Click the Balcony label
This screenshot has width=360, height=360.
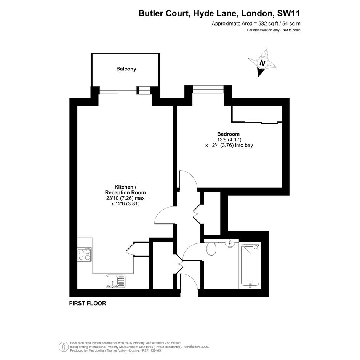[x=126, y=69]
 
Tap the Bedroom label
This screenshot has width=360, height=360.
[x=229, y=134]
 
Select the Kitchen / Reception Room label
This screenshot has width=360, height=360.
[x=125, y=190]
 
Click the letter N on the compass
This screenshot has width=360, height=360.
[x=262, y=63]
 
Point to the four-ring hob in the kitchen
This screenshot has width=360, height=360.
[x=85, y=254]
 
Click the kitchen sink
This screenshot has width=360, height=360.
[x=116, y=281]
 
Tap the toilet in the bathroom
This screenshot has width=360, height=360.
[x=211, y=248]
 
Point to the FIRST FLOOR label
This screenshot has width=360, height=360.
[x=88, y=303]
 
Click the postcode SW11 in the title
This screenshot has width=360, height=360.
[x=289, y=13]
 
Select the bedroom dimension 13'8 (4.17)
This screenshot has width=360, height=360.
[x=229, y=139]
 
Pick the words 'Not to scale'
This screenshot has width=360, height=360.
[x=291, y=30]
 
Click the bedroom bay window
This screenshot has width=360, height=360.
[x=208, y=89]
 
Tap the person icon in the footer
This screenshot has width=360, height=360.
[x=62, y=347]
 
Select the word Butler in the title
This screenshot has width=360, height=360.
[x=150, y=13]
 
